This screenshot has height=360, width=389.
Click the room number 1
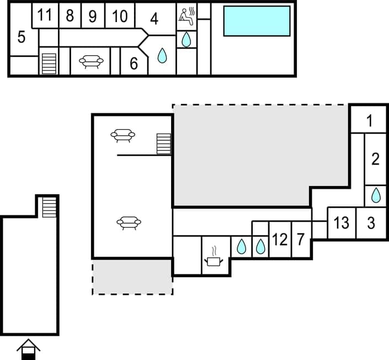(x=370, y=120)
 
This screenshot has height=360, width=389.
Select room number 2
(x=376, y=160)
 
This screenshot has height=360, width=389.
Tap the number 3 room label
(x=371, y=223)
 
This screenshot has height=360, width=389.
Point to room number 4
(x=154, y=19)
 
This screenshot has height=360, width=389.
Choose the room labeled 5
(x=21, y=38)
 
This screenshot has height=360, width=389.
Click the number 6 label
(x=134, y=63)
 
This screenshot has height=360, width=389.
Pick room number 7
(x=300, y=240)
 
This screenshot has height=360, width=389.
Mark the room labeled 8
(x=70, y=16)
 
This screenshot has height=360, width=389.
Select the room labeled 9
(x=93, y=17)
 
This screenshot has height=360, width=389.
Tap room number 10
(x=120, y=16)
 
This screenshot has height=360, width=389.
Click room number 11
(x=45, y=15)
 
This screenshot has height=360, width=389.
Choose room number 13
(x=342, y=223)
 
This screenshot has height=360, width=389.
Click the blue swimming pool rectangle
(x=257, y=21)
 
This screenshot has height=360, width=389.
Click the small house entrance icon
(x=28, y=350)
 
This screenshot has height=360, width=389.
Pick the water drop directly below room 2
(x=376, y=195)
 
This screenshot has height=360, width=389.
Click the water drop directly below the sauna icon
(x=186, y=39)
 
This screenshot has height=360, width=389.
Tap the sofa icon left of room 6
(x=91, y=61)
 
